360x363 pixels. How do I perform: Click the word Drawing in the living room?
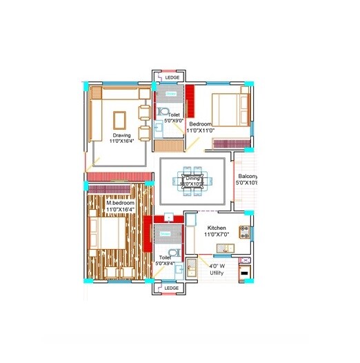click(x=121, y=135)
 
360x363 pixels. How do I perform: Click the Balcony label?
click(x=246, y=177)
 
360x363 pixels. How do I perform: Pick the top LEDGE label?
click(x=172, y=77)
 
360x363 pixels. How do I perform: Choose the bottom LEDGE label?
click(x=172, y=288)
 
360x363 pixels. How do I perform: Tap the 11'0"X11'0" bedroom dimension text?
click(x=201, y=130)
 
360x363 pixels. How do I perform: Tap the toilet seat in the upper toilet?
click(x=163, y=111)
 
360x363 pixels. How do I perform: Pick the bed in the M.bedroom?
click(x=107, y=235)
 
